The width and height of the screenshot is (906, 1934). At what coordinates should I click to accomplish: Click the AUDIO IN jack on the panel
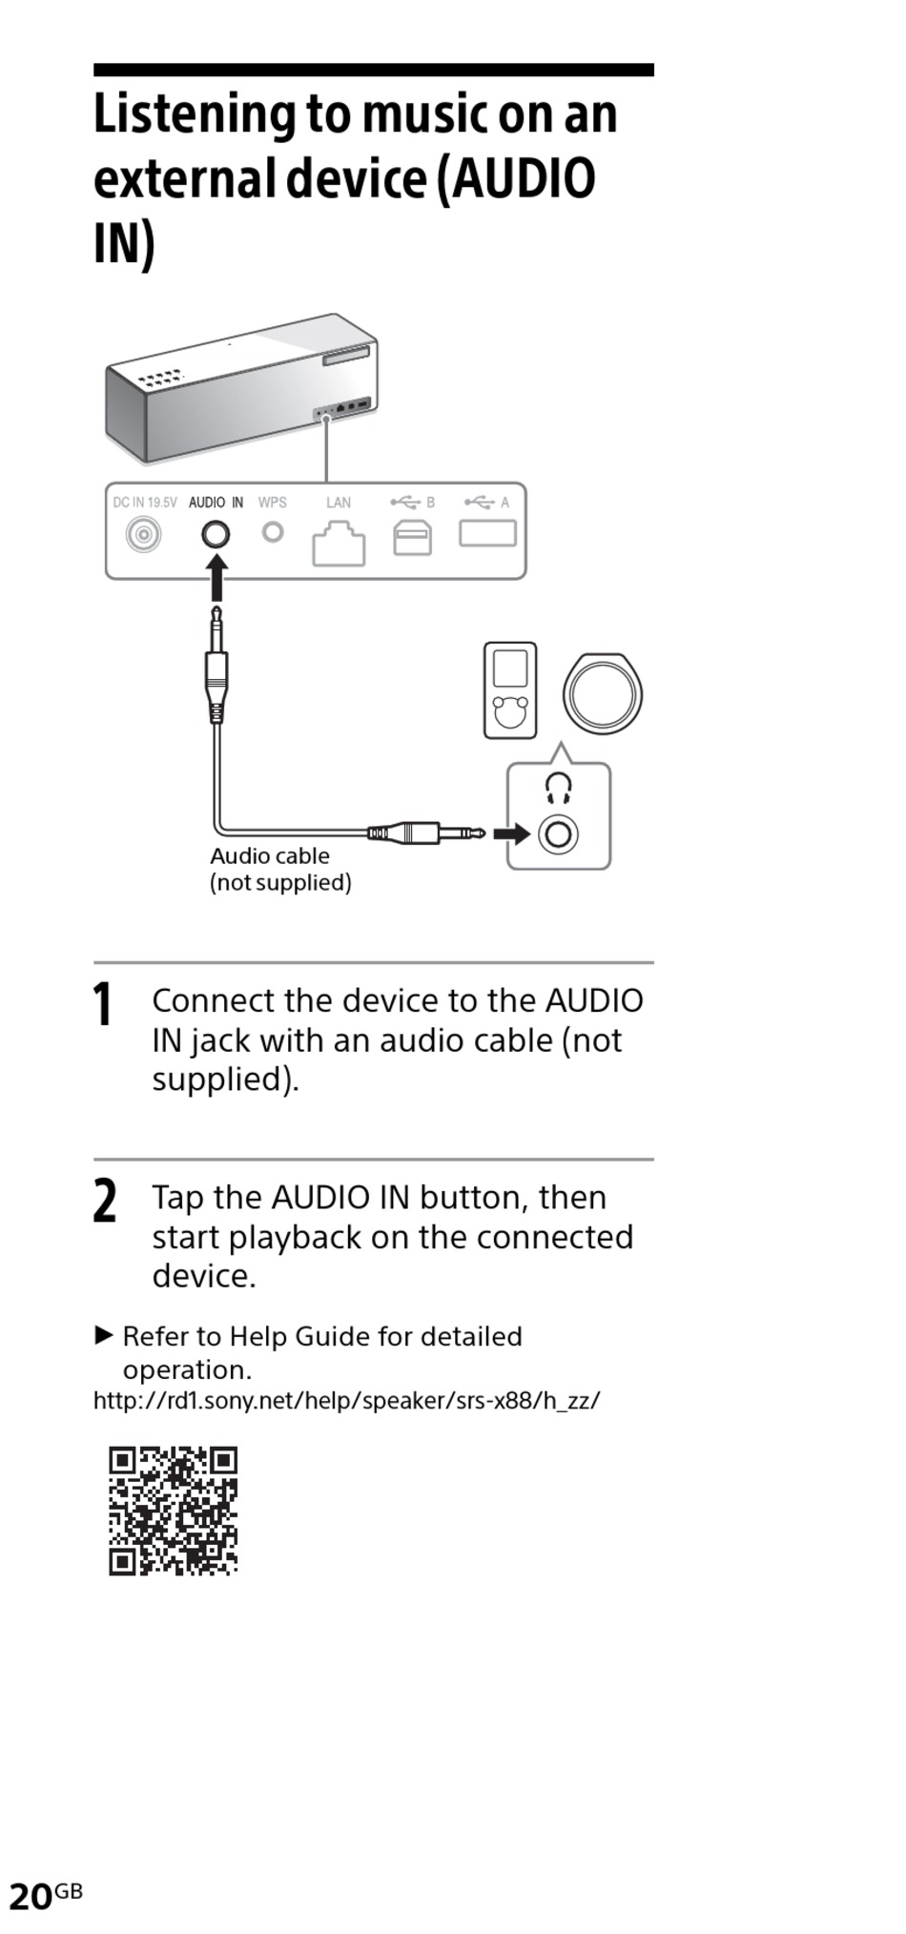216,534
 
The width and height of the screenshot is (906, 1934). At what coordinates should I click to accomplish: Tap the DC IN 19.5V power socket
143,534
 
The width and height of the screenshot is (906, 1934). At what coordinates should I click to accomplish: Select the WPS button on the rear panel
273,531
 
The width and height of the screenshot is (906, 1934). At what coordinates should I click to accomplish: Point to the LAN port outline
339,545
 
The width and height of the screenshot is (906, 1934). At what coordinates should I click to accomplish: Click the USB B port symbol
412,538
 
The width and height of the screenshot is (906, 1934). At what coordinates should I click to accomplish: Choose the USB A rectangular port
487,532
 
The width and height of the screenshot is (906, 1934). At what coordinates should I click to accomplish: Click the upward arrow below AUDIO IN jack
217,577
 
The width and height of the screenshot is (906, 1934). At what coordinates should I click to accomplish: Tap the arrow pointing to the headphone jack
512,834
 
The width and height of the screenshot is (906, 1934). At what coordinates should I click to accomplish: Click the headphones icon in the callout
558,788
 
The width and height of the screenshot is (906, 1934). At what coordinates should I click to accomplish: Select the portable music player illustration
510,690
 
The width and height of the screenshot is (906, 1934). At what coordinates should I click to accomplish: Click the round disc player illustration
602,693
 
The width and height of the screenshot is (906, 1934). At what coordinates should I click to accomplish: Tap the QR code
173,1511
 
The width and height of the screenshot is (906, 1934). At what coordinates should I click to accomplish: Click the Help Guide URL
346,1400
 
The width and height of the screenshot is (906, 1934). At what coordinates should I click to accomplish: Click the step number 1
102,1005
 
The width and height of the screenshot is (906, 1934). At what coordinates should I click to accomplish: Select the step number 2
104,1201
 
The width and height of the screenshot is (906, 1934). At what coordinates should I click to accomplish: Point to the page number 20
31,1896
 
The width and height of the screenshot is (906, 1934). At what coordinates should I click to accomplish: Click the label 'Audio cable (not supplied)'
280,869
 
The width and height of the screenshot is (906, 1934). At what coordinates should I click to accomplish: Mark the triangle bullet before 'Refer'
104,1334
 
